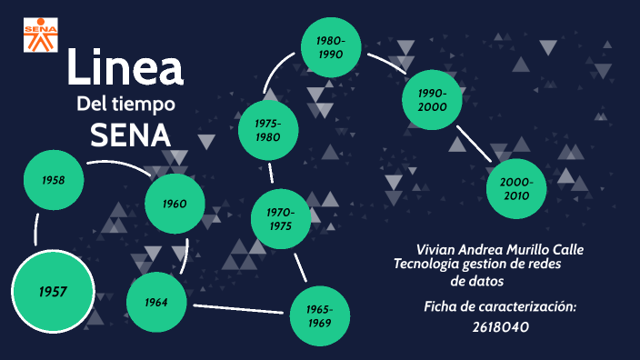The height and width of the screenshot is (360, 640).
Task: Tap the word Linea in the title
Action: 125,69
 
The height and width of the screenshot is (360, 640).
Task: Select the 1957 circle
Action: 53,292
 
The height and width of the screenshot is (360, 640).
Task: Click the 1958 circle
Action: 54,180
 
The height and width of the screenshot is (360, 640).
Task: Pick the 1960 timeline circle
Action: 175,204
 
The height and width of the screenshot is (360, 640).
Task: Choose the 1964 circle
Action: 156,302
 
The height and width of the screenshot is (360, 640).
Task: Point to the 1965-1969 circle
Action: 320,316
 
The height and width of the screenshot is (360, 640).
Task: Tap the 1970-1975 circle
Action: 281,219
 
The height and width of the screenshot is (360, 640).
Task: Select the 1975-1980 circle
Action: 267,130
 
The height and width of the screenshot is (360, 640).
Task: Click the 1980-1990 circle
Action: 331,47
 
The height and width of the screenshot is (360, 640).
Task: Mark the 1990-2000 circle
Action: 433,100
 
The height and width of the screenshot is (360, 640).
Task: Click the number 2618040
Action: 500,327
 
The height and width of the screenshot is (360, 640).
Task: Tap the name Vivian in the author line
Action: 435,249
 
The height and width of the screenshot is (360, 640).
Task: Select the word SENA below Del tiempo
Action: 130,135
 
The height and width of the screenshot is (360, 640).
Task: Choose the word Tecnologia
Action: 427,264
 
